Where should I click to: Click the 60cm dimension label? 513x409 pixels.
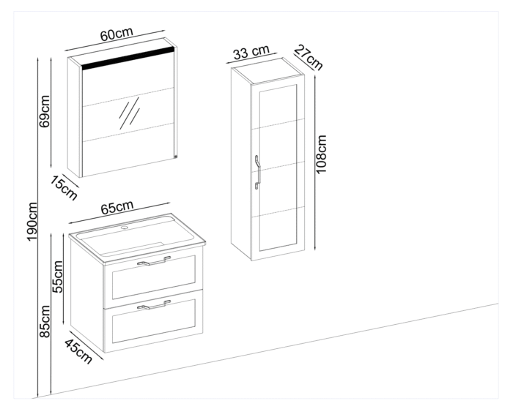click(117, 35)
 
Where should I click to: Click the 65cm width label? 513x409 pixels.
click(118, 209)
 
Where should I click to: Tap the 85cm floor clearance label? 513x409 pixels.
click(44, 322)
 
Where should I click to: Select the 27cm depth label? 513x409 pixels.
click(308, 57)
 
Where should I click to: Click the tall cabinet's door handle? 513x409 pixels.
click(258, 172)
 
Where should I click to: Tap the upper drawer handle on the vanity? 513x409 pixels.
click(153, 261)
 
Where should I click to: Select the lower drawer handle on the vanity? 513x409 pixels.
click(153, 305)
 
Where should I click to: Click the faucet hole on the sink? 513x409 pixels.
click(123, 228)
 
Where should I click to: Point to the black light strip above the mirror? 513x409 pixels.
click(128, 61)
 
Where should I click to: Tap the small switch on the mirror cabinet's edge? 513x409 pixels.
click(176, 154)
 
